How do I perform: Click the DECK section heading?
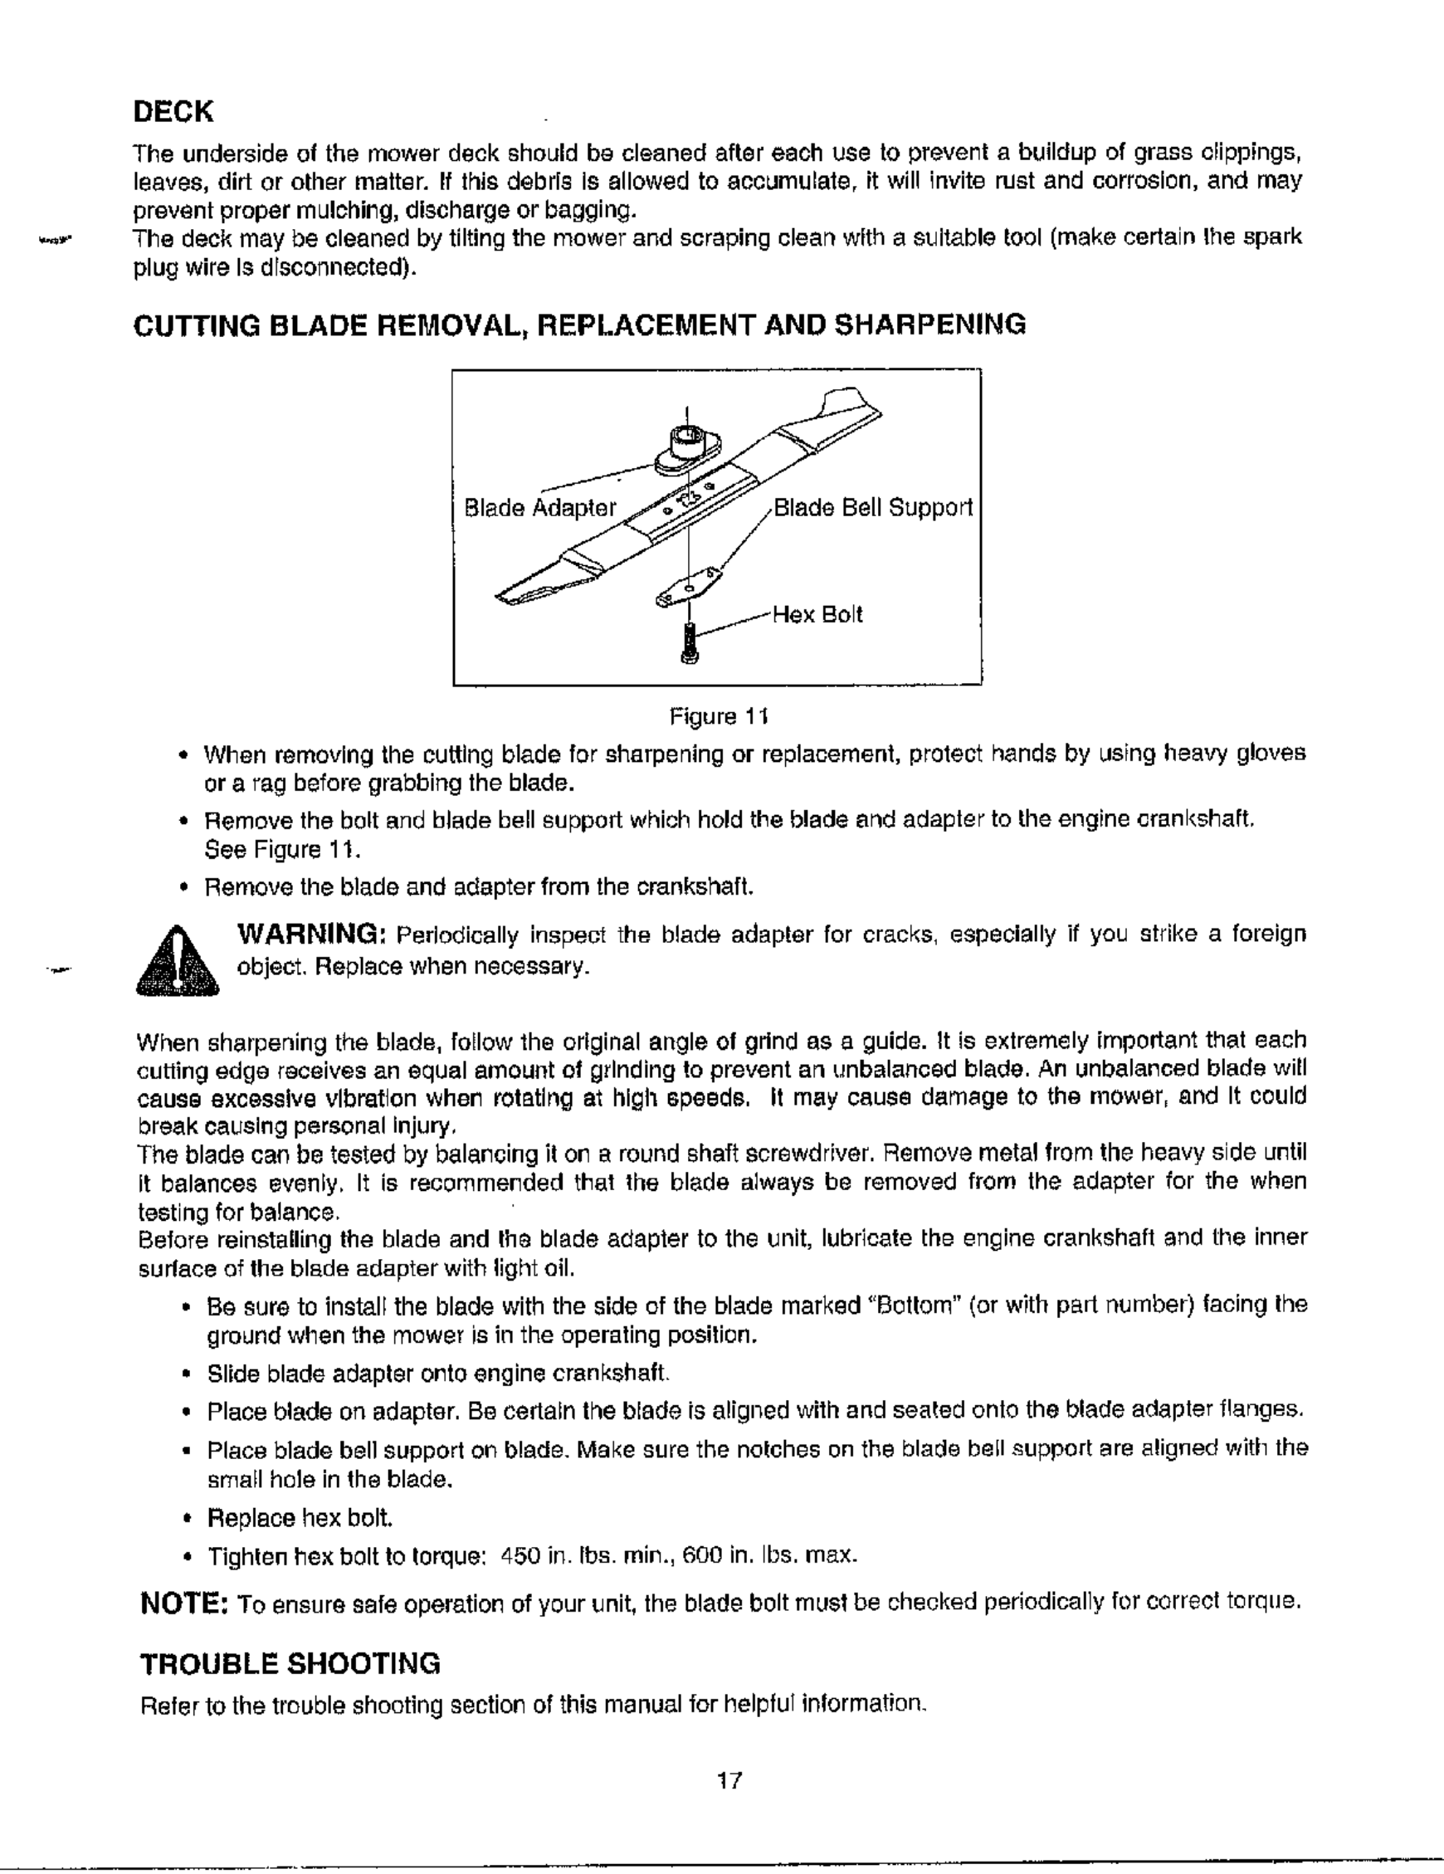click(173, 111)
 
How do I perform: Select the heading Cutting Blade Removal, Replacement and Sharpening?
click(579, 325)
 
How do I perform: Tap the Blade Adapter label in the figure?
click(539, 508)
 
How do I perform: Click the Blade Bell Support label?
click(872, 508)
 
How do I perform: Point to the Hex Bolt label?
click(817, 614)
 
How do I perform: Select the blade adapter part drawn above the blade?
click(686, 451)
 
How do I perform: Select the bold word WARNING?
click(310, 933)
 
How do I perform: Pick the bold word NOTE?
click(183, 1602)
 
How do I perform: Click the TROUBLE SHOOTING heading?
click(290, 1664)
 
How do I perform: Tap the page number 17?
click(729, 1779)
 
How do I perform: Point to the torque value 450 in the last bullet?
click(519, 1554)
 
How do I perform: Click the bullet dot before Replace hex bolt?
click(185, 1519)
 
